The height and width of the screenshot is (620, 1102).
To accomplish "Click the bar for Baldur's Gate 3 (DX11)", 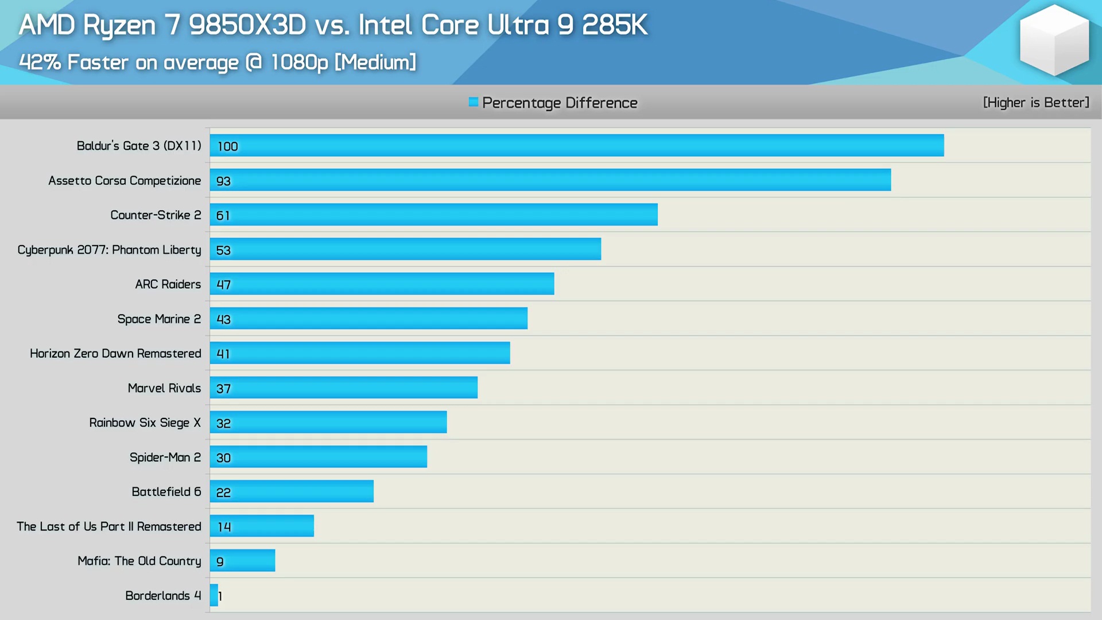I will (x=576, y=145).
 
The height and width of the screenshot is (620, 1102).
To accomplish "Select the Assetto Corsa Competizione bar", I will (x=550, y=180).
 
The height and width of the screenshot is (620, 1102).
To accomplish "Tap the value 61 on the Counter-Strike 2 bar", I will (x=223, y=215).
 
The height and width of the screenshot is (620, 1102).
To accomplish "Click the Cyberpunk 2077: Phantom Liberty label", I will (x=109, y=250).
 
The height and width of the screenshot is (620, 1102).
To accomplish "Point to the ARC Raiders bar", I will (x=382, y=284).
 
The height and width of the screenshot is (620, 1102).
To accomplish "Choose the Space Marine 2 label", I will (x=159, y=319).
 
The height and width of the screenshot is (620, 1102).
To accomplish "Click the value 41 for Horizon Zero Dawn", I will (x=223, y=354).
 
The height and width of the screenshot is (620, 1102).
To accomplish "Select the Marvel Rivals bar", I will (x=343, y=387).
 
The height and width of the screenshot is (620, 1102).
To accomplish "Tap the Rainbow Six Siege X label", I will (x=145, y=423).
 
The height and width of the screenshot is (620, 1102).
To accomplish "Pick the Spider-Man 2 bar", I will (x=318, y=457).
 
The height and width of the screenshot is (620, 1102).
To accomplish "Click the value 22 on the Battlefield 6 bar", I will (x=223, y=492).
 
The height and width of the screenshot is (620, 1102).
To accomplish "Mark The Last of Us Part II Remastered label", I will (x=108, y=526).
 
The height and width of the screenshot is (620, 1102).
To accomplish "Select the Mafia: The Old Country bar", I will (x=242, y=560).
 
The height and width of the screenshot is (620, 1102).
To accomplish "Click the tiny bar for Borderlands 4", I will (x=214, y=595).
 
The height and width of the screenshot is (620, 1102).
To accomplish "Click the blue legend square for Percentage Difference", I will (x=473, y=102).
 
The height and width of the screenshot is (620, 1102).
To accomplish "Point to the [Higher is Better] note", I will (x=1035, y=102).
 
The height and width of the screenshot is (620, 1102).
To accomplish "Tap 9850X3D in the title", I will (x=247, y=25).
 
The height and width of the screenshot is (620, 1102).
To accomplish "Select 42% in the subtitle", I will (x=40, y=62).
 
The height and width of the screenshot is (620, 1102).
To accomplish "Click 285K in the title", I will (x=614, y=25).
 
